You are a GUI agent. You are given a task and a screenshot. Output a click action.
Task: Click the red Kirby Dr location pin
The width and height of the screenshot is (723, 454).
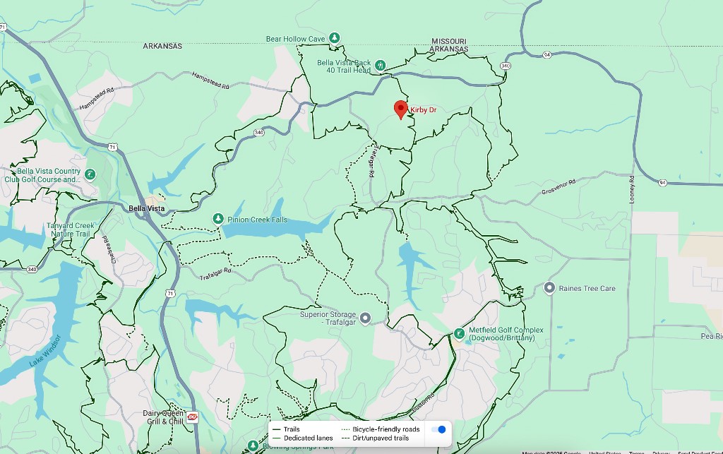[400, 109]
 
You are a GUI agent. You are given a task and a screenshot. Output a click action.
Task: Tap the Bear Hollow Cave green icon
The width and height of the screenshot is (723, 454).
[335, 38]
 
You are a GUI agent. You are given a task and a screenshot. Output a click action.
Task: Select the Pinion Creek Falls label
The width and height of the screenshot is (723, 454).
[257, 220]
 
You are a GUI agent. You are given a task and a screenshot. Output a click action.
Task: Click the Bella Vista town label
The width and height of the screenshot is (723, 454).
[147, 208]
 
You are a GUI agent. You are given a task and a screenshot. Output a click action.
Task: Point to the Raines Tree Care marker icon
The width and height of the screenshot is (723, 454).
[549, 288]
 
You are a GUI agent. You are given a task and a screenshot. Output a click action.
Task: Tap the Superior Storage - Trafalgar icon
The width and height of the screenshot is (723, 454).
[365, 318]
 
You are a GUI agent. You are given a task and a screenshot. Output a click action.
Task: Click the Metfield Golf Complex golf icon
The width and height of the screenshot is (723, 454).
[460, 333]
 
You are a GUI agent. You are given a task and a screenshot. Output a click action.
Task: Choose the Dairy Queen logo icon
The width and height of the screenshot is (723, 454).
[192, 417]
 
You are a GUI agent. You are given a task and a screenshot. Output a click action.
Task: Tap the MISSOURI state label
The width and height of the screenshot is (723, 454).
[449, 41]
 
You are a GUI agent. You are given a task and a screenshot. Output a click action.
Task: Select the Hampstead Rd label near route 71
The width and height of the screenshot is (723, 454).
[97, 98]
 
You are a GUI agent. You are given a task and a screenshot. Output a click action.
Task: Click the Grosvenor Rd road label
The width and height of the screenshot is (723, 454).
[558, 187]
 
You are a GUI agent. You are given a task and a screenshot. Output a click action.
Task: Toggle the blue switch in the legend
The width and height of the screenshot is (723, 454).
[438, 429]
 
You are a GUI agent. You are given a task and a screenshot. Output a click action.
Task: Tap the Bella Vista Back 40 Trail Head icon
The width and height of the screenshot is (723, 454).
[381, 66]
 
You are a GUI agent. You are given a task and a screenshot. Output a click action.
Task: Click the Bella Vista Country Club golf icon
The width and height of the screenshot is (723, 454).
[90, 174]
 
